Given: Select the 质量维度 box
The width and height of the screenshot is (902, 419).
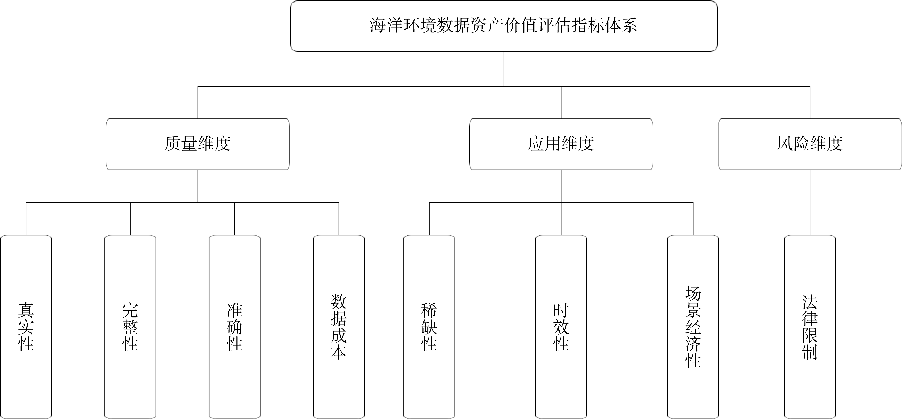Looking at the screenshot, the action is pyautogui.click(x=198, y=144).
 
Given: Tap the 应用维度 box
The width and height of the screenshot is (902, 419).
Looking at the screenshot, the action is pyautogui.click(x=561, y=144).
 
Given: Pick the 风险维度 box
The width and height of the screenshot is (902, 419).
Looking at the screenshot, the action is pyautogui.click(x=810, y=144).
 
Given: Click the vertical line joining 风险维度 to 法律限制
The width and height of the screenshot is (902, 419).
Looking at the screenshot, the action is pyautogui.click(x=810, y=203).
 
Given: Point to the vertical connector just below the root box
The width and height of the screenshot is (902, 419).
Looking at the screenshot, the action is pyautogui.click(x=504, y=69).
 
